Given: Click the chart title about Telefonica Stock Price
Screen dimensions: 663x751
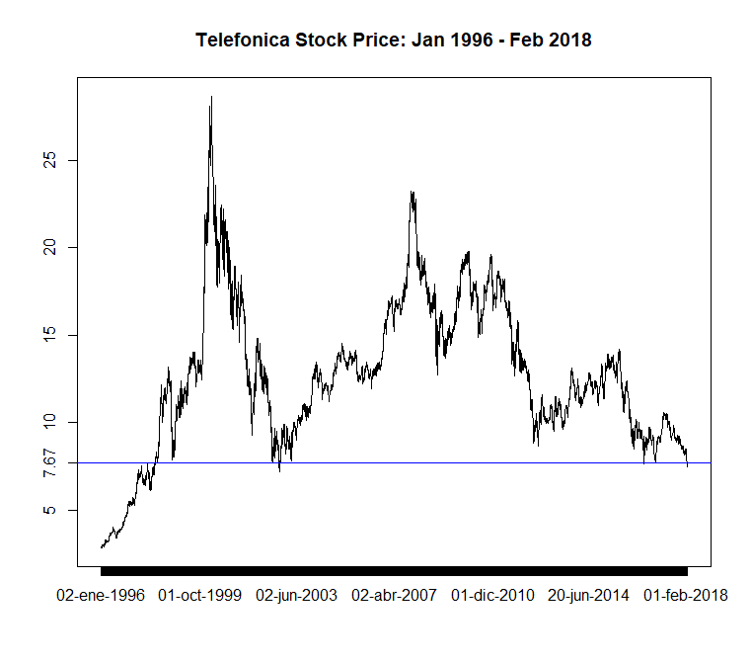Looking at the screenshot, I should pyautogui.click(x=393, y=41).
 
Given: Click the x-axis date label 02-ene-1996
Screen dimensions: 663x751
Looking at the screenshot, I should pyautogui.click(x=101, y=596).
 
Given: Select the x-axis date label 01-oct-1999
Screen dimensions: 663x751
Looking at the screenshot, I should pyautogui.click(x=199, y=596).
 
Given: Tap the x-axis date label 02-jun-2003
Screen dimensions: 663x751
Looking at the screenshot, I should pyautogui.click(x=297, y=596).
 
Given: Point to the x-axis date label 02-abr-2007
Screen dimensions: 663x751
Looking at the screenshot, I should pyautogui.click(x=394, y=596).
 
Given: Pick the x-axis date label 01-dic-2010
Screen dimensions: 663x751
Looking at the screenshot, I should pyautogui.click(x=492, y=596).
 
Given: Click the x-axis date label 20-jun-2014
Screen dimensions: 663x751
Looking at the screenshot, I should pyautogui.click(x=589, y=596).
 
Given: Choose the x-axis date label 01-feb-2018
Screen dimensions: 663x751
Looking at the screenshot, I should pyautogui.click(x=686, y=596).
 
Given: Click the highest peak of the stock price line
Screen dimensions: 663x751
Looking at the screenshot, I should pyautogui.click(x=211, y=97).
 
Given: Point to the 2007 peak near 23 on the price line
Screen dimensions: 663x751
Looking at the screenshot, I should pyautogui.click(x=412, y=193).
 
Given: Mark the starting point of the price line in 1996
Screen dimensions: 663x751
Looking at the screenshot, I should pyautogui.click(x=102, y=546).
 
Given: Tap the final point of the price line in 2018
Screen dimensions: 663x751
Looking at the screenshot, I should pyautogui.click(x=687, y=465).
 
